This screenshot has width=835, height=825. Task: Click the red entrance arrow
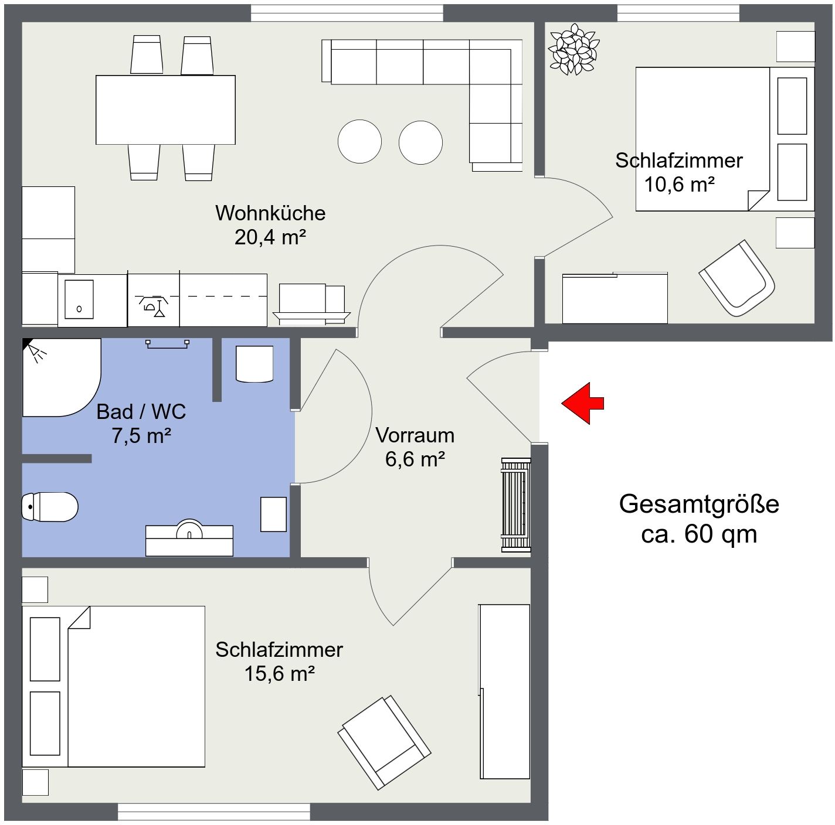pyautogui.click(x=582, y=403)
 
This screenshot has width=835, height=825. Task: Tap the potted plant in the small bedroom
pyautogui.click(x=573, y=49)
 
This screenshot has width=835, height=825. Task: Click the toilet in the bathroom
pyautogui.click(x=49, y=507)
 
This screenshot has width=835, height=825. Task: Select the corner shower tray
pyautogui.click(x=61, y=377)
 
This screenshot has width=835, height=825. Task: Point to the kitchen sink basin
pyautogui.click(x=79, y=299)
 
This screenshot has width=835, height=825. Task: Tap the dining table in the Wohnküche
pyautogui.click(x=165, y=110)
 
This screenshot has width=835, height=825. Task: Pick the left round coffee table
pyautogui.click(x=359, y=142)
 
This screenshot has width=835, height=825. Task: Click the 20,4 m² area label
pyautogui.click(x=270, y=237)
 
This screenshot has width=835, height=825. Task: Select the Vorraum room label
pyautogui.click(x=415, y=435)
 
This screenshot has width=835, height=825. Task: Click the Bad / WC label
pyautogui.click(x=141, y=411)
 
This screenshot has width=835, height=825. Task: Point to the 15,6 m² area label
pyautogui.click(x=280, y=673)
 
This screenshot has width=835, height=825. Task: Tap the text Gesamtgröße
pyautogui.click(x=699, y=504)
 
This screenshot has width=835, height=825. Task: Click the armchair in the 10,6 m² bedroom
pyautogui.click(x=736, y=278)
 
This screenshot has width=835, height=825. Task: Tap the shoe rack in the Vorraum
pyautogui.click(x=516, y=504)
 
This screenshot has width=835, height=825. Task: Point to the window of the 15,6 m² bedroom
pyautogui.click(x=214, y=812)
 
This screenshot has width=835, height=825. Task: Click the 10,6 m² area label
pyautogui.click(x=679, y=185)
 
